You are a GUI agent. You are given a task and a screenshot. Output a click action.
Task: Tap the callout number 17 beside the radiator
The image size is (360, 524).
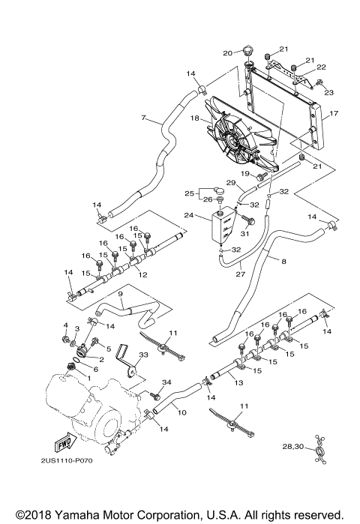pyautogui.click(x=334, y=114)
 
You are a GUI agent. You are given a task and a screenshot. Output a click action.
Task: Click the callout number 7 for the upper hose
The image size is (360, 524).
pyautogui.click(x=142, y=118)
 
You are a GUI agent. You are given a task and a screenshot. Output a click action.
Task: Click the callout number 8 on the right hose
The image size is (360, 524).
pyautogui.click(x=284, y=261)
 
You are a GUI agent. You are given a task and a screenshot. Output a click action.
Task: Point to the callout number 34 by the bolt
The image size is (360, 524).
pyautogui.click(x=146, y=382)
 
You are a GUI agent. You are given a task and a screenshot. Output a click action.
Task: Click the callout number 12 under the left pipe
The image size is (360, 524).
pyautogui.click(x=142, y=275)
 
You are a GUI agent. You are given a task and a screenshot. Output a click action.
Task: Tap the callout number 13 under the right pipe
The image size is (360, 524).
pyautogui.click(x=239, y=383)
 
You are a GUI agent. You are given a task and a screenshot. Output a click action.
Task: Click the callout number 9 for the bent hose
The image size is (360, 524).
pyautogui.click(x=97, y=294)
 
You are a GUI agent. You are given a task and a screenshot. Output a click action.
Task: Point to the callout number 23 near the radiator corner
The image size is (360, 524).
pyautogui.click(x=328, y=92)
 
